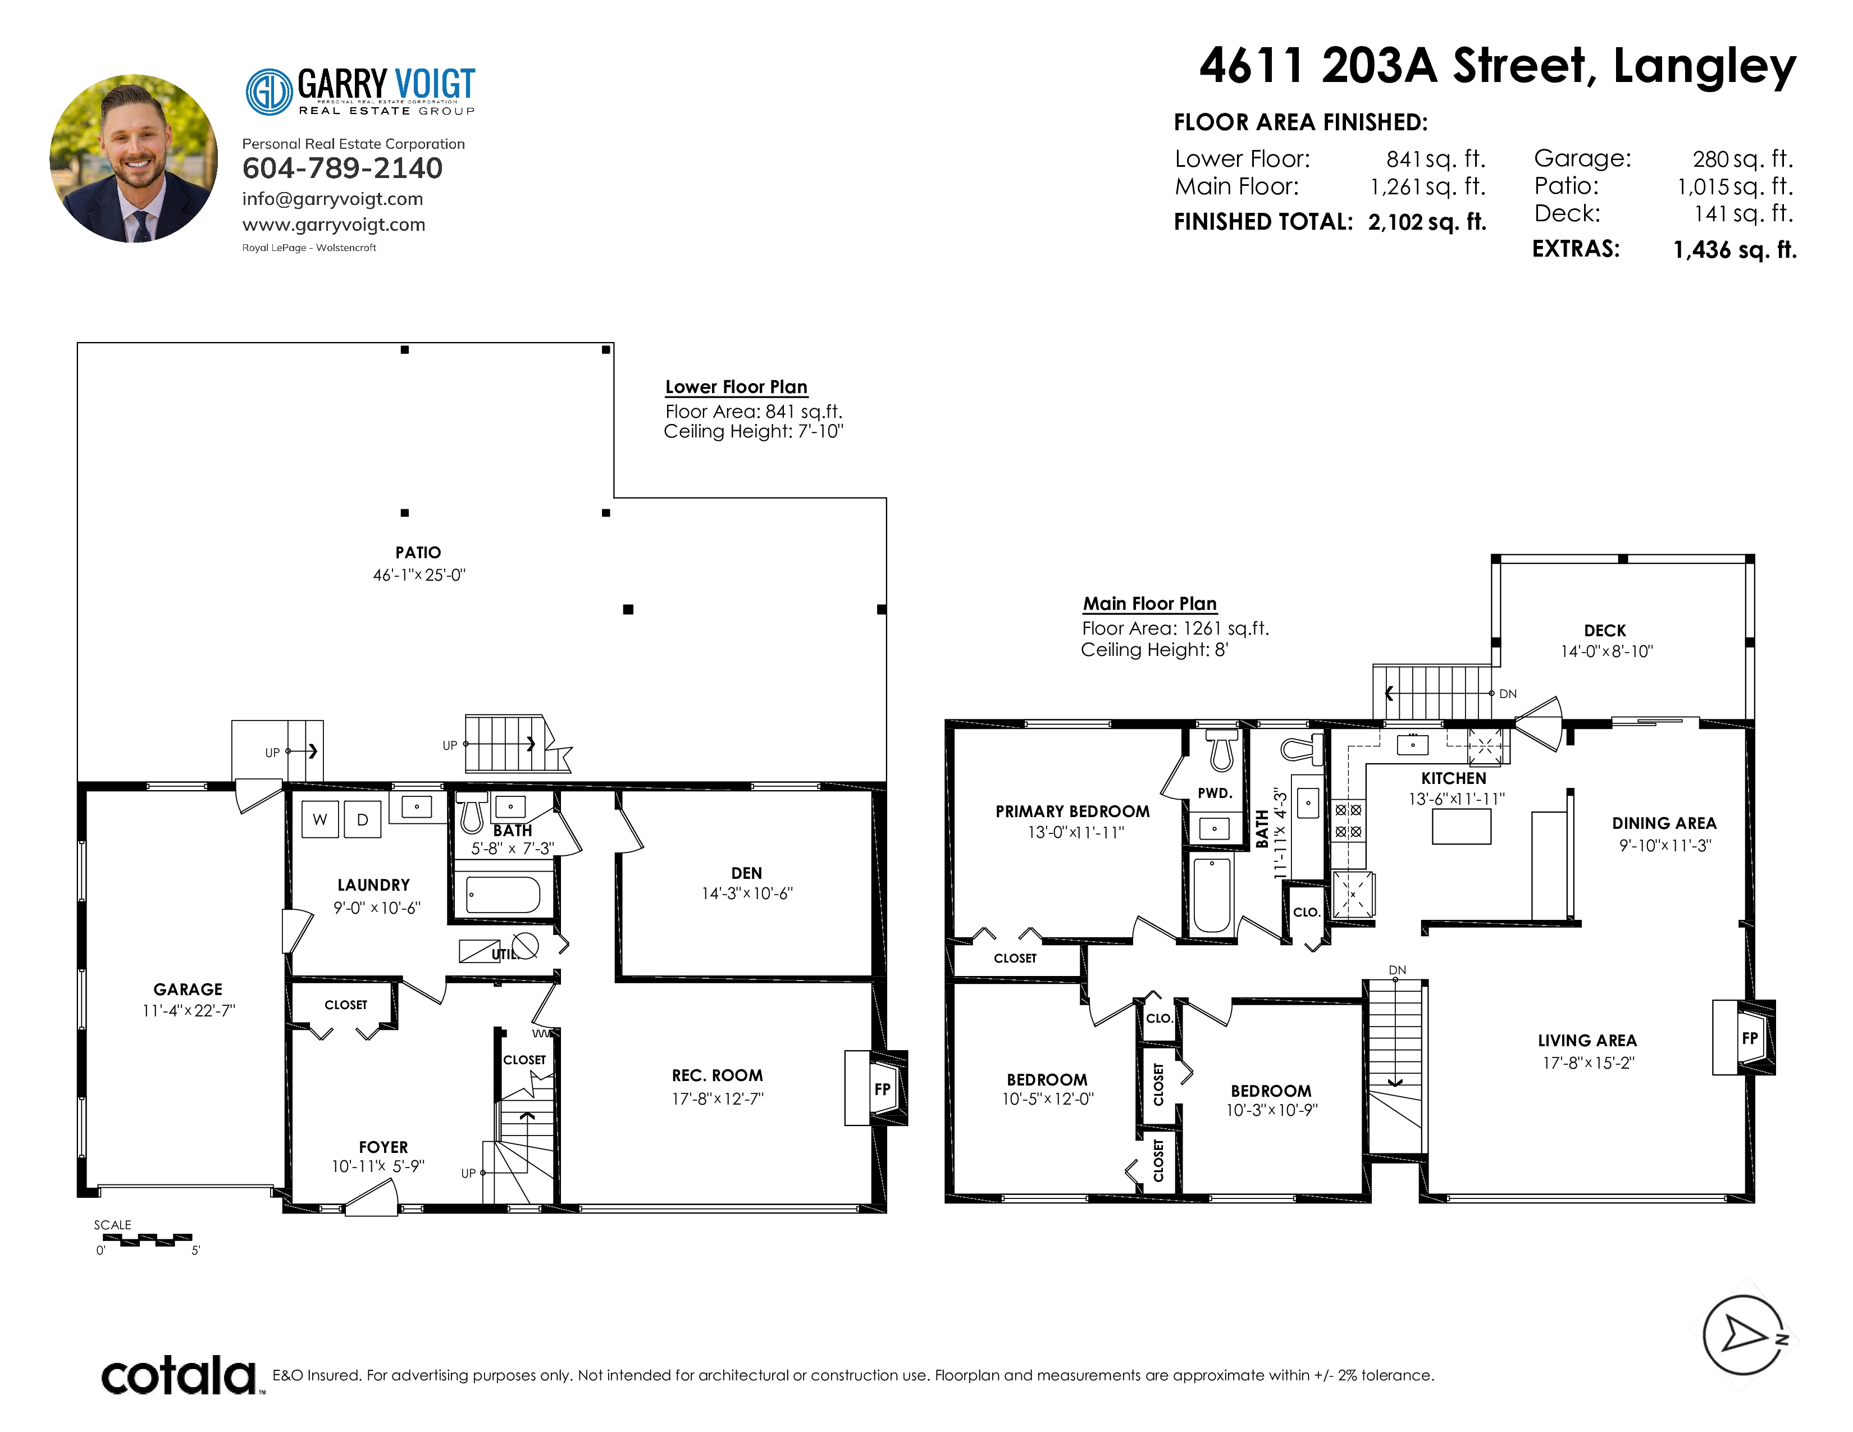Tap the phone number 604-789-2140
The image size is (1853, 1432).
(x=342, y=168)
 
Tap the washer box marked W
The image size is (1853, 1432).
(x=320, y=819)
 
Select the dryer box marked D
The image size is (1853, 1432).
(x=362, y=819)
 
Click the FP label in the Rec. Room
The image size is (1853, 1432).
(x=882, y=1088)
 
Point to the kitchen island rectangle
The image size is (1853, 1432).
(x=1461, y=826)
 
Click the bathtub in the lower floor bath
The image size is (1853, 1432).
(x=503, y=895)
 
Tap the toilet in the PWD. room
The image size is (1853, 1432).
(x=1221, y=751)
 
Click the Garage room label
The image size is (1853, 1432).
(x=188, y=989)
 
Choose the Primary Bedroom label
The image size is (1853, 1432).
(x=1072, y=811)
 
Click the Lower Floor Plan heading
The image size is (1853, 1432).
(x=736, y=387)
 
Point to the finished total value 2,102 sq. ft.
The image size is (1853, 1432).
(x=1427, y=222)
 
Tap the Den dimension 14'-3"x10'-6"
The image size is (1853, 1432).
(x=747, y=893)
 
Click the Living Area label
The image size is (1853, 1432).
(x=1587, y=1040)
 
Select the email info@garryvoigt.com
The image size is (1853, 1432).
(x=332, y=198)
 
